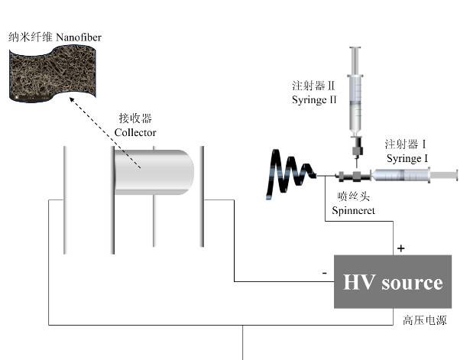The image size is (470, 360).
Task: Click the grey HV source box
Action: tap(392, 282)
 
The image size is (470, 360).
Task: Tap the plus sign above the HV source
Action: tap(400, 248)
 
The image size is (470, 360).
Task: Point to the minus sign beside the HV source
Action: tap(324, 273)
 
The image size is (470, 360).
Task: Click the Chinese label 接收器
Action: tap(135, 118)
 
